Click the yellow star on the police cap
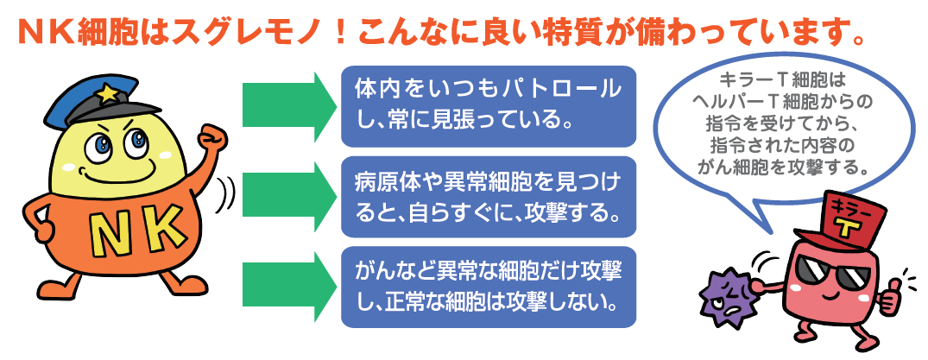(x=108, y=90)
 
